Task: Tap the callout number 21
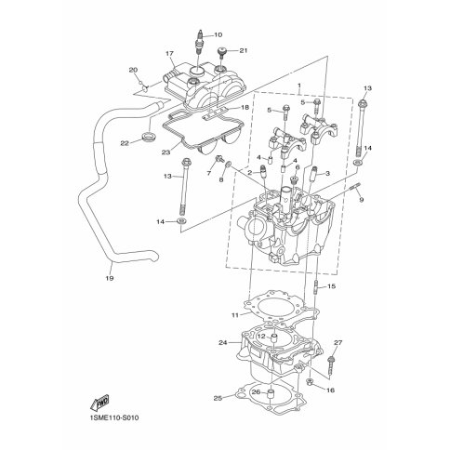click(x=244, y=50)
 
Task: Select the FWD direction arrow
click(x=99, y=402)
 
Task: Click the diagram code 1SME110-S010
click(x=114, y=417)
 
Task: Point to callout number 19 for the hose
click(x=110, y=278)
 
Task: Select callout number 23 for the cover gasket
click(x=166, y=152)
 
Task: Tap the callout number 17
click(x=169, y=54)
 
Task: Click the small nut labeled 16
click(x=311, y=382)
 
